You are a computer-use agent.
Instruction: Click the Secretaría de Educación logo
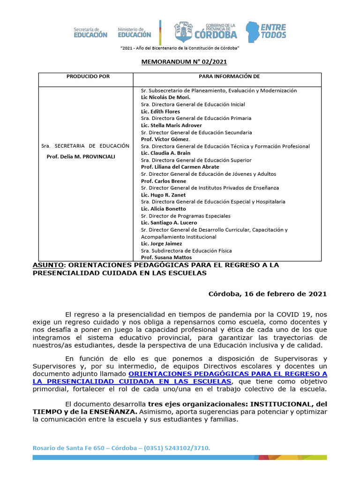click(x=90, y=32)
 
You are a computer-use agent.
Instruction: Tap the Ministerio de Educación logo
click(x=135, y=32)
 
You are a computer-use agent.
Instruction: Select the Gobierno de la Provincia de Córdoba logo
click(x=206, y=31)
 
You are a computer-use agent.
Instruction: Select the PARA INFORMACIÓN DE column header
click(x=229, y=76)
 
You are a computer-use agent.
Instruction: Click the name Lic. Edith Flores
click(x=160, y=112)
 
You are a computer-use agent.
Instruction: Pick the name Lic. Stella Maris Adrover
click(x=172, y=125)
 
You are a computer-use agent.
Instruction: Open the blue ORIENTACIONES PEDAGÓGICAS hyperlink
click(x=227, y=374)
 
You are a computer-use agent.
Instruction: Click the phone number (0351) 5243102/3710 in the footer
click(x=177, y=449)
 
